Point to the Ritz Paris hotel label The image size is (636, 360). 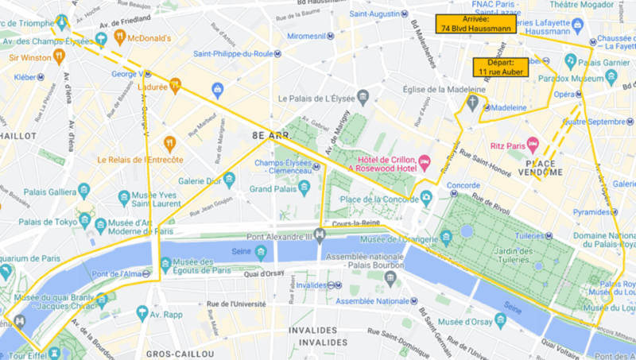505,145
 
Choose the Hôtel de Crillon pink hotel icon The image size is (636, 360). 425,161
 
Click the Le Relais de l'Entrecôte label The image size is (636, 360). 140,160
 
